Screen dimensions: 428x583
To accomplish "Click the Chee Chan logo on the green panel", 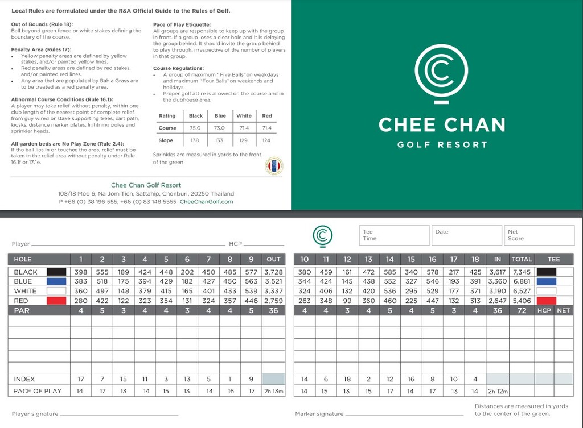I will [x=441, y=73].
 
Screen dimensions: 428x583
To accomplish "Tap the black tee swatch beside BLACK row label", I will [x=56, y=272].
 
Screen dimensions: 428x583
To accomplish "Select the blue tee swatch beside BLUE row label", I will [x=56, y=281].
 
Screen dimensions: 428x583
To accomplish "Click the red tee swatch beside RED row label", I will [x=56, y=301].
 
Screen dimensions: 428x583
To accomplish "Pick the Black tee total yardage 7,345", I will [x=521, y=272].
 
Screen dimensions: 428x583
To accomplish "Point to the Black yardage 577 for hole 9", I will [x=251, y=272].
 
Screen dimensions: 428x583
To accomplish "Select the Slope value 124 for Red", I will [x=266, y=140].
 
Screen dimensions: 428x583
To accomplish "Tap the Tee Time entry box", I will [x=394, y=235].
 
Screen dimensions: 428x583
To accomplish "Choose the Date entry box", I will [x=466, y=235].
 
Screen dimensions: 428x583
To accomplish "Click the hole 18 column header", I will [x=475, y=259].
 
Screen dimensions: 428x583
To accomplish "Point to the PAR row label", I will [x=22, y=311].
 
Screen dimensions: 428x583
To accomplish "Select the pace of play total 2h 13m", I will [x=273, y=391].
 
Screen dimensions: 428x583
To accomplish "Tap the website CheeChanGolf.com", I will [x=206, y=202].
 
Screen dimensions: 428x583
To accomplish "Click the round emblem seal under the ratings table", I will [x=274, y=166].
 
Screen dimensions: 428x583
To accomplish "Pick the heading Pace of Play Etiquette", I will [x=182, y=24].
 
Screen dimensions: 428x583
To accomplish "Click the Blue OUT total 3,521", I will [x=273, y=281].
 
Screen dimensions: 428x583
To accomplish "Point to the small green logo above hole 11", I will [x=323, y=235].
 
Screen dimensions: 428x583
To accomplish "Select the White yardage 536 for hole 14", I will [x=389, y=291].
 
